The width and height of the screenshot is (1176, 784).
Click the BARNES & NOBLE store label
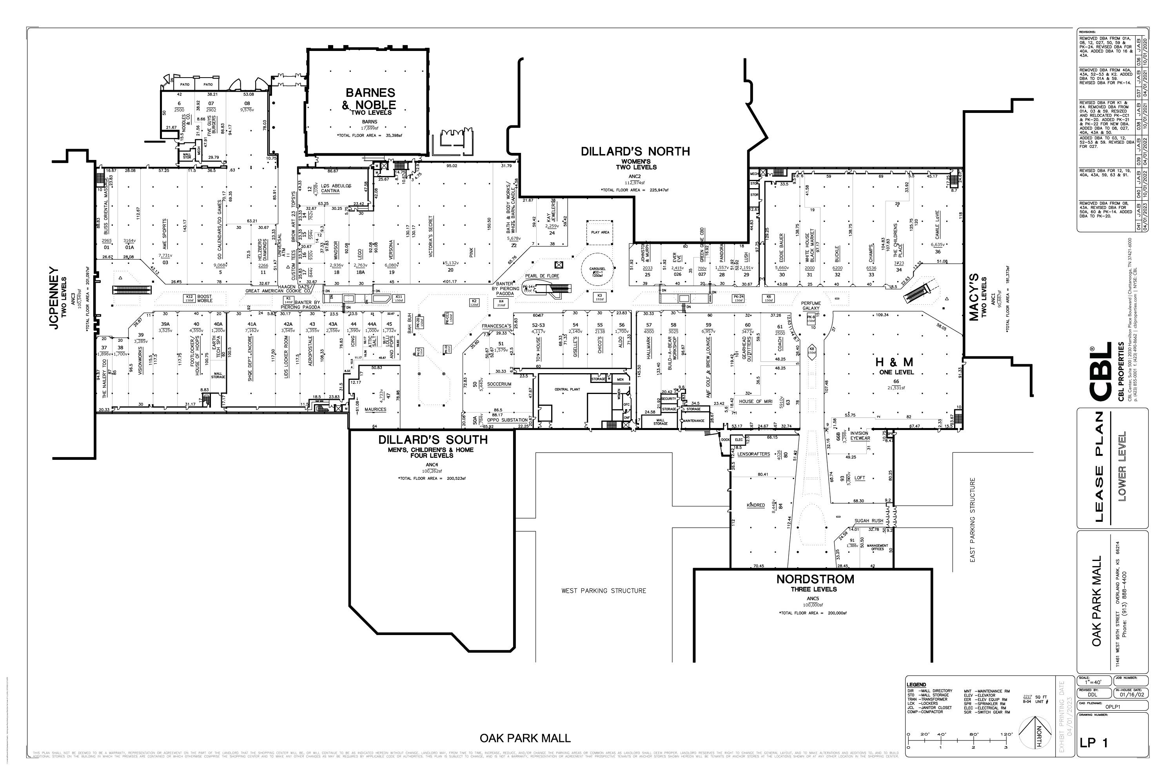point(370,98)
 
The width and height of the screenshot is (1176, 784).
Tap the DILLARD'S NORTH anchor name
point(635,151)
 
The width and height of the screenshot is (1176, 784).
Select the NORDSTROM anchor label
point(815,579)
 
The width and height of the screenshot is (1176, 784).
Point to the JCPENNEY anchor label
point(54,298)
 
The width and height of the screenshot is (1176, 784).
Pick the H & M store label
point(894,361)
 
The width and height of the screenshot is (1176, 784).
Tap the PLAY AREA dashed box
point(600,232)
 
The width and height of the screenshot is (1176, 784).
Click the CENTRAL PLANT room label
point(568,389)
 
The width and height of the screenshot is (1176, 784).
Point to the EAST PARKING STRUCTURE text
point(973,520)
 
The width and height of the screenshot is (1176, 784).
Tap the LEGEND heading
point(916,684)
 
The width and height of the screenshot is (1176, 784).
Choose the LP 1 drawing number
point(1094,757)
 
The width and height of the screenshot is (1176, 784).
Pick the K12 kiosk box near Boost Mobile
point(189,298)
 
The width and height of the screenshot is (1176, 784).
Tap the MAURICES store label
point(375,410)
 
